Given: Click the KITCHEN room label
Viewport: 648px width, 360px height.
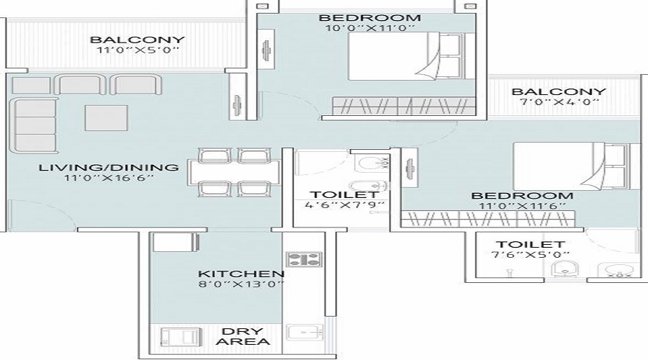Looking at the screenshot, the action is coord(241,274).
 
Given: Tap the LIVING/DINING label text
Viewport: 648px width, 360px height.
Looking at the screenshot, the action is coord(109,167).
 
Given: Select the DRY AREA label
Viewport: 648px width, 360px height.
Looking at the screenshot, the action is coord(243,336).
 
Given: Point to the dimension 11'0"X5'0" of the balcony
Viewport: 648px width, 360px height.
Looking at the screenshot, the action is coord(138,50).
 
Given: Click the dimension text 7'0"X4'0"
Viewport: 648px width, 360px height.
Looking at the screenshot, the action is coord(559,102).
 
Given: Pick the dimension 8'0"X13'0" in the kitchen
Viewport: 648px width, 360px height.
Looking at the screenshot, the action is coord(241,284).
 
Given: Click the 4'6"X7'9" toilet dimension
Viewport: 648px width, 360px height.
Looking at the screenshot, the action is coord(345,204).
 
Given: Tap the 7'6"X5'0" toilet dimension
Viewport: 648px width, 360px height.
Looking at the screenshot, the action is coord(530,255).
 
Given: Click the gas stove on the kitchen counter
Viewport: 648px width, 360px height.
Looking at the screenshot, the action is coord(303,260).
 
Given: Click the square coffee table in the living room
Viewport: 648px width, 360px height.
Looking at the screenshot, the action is coord(107,118).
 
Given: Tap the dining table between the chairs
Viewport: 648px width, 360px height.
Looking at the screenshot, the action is coord(234,171).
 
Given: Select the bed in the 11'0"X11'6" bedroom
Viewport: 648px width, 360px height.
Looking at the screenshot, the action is coord(577,166).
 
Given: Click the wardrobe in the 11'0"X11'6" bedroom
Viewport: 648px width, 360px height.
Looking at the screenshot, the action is coord(488,219).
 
